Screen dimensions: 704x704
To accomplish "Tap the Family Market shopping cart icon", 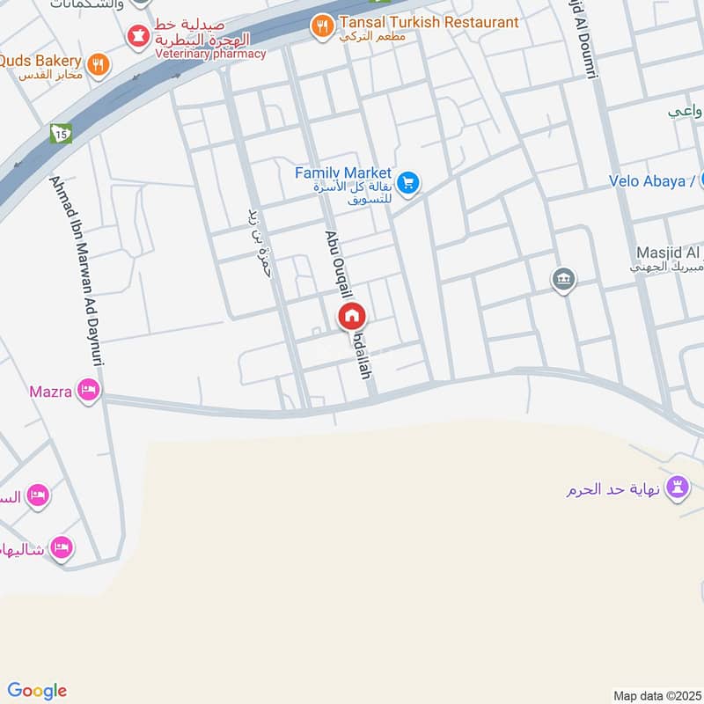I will point(407,183).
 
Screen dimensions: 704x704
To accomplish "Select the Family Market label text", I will point(342,173).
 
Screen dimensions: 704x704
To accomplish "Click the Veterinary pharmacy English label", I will point(209,54).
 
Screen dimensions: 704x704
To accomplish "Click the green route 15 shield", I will point(60,134).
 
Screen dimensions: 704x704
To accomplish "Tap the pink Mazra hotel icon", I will point(88,390).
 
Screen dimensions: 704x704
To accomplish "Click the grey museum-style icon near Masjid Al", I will point(563,281).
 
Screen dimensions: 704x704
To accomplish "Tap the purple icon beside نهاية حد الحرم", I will point(677,487).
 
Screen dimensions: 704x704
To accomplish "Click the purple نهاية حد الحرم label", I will point(615,489).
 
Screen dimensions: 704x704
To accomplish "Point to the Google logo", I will point(37,692).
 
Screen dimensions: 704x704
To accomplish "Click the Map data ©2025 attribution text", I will point(656,696).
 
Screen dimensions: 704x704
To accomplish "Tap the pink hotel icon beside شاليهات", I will point(61,549).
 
